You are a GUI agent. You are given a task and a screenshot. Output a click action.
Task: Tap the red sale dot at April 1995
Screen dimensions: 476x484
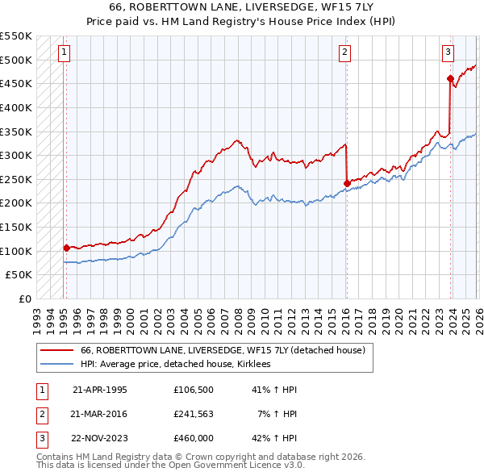[x=66, y=248]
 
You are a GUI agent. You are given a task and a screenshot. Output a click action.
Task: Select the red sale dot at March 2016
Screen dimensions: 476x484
[x=346, y=183]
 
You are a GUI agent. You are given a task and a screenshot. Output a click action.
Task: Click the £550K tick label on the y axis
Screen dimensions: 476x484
[x=16, y=36]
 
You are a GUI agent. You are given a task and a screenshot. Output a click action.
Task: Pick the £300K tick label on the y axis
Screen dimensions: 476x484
[x=16, y=155]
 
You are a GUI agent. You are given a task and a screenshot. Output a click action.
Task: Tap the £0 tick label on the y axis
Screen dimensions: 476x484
[x=25, y=299]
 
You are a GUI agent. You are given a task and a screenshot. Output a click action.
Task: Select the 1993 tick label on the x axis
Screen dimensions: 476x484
[x=36, y=315]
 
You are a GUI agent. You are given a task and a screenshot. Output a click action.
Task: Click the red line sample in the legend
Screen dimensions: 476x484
[x=56, y=350]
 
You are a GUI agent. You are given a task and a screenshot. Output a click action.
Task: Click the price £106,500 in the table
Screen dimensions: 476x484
[x=193, y=389]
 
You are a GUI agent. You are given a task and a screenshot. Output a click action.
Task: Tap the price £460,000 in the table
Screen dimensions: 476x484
[x=193, y=439]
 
